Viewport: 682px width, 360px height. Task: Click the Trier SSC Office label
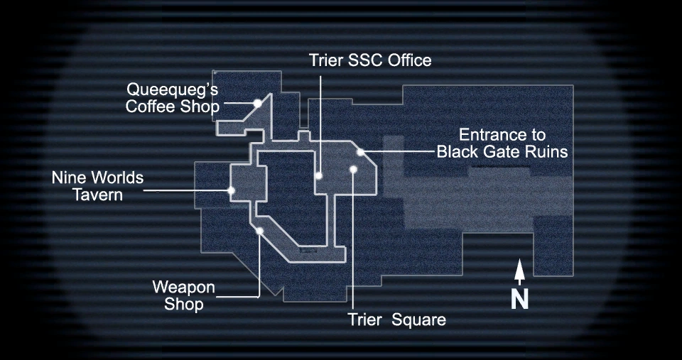[x=369, y=60]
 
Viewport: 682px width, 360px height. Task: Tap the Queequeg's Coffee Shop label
[x=172, y=99]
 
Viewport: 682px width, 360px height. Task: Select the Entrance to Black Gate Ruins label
[x=502, y=143]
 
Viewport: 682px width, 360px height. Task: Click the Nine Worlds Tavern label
[x=98, y=185]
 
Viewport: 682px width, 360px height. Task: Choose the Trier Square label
[x=397, y=320]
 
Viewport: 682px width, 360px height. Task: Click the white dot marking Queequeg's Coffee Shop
[x=258, y=104]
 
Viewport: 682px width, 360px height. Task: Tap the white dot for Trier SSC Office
[x=320, y=175]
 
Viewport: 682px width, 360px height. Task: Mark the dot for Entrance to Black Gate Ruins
[x=361, y=152]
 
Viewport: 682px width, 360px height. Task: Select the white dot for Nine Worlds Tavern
[x=231, y=190]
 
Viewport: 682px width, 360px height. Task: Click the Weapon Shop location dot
[x=260, y=231]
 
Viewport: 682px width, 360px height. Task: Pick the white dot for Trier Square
[x=353, y=169]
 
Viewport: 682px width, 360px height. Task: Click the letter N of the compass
[x=520, y=299]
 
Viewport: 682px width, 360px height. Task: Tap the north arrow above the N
[x=520, y=272]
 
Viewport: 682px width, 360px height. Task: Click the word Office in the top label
[x=408, y=60]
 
